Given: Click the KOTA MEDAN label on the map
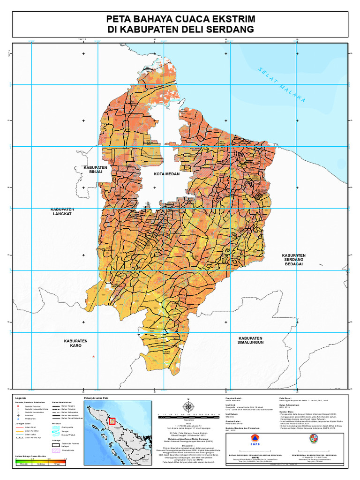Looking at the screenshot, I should [x=166, y=174].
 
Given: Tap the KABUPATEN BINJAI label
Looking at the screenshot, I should [x=96, y=170].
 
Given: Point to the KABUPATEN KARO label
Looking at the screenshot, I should [x=76, y=343].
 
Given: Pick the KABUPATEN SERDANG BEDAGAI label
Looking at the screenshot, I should [x=294, y=260].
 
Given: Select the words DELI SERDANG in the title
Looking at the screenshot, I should [x=215, y=30].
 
